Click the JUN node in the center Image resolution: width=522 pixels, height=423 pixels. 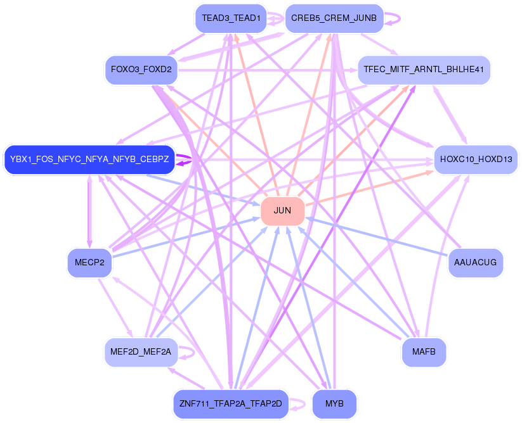(282, 211)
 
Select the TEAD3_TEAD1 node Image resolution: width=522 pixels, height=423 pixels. (231, 18)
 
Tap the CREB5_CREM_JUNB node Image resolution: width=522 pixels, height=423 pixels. (334, 18)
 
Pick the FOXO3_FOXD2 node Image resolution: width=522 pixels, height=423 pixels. (141, 70)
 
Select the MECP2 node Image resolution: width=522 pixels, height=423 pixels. (89, 263)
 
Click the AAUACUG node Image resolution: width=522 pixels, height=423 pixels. (476, 263)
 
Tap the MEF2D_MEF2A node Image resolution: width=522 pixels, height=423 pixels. (141, 352)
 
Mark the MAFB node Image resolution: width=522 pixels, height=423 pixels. (424, 352)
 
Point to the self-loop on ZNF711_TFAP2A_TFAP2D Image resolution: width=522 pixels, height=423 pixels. (304, 404)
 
